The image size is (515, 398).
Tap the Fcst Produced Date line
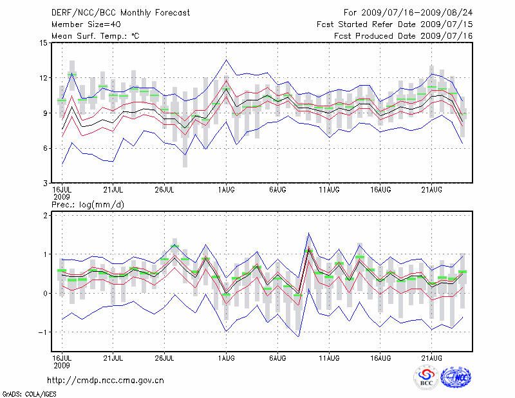pos(404,35)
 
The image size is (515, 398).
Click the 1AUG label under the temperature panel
pos(226,190)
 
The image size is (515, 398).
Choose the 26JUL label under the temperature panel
pos(165,190)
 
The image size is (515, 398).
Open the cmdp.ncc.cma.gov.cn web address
pos(106,380)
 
